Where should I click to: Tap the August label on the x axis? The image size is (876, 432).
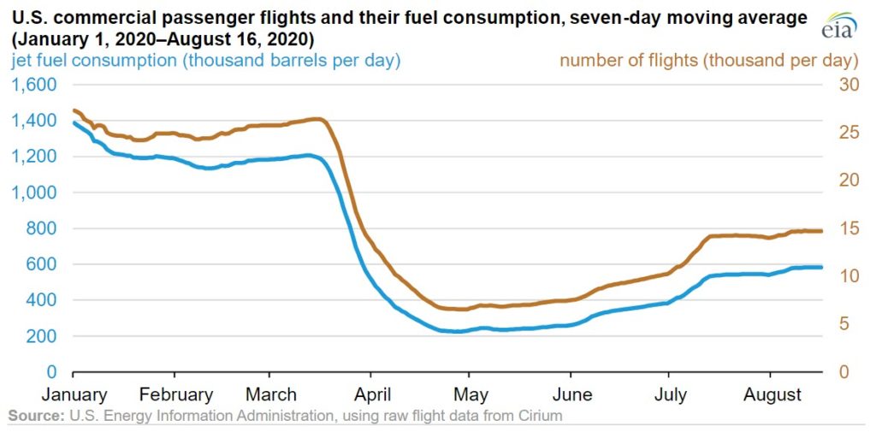pos(772,394)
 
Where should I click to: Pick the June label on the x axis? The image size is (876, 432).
pos(572,394)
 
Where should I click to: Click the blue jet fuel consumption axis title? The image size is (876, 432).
pos(205,61)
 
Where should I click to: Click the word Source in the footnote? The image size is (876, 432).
pos(34,417)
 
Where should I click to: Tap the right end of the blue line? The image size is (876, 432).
pos(822,268)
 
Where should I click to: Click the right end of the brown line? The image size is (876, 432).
pos(822,231)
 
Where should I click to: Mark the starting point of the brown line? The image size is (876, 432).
pos(74,110)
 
